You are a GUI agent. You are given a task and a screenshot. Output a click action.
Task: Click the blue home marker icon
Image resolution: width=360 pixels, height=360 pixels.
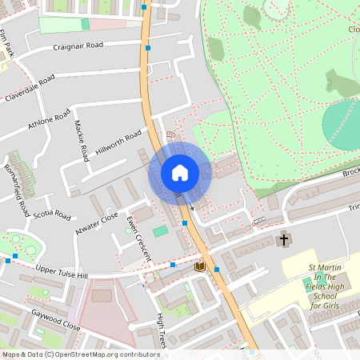tap(179, 173)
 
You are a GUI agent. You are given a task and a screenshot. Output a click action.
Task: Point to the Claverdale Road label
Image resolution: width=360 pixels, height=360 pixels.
tap(30, 89)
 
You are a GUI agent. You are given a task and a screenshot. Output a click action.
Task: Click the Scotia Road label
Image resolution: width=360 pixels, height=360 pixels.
tap(53, 216)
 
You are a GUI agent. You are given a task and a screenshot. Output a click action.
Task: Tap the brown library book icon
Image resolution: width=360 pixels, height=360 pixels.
tap(200, 266)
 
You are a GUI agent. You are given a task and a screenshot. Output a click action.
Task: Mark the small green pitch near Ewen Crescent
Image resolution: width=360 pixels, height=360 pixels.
tap(161, 230)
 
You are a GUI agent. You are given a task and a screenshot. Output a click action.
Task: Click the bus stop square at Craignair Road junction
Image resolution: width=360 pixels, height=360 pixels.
tap(148, 48)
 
